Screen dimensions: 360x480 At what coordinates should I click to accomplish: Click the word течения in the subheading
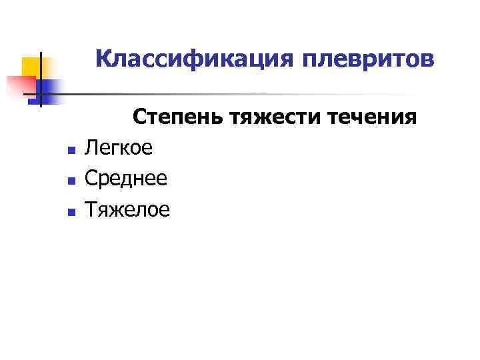(374, 118)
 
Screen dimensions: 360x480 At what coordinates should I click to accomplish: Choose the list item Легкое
(119, 148)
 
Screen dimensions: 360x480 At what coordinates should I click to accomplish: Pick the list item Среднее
(126, 179)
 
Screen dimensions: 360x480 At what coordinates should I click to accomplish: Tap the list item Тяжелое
(127, 210)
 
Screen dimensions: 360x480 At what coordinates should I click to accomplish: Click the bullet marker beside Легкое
(71, 149)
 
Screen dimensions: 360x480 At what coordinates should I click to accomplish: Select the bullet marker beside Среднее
(71, 180)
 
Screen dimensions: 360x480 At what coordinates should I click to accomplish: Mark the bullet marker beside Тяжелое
(71, 211)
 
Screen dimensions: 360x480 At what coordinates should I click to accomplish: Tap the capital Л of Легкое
(91, 148)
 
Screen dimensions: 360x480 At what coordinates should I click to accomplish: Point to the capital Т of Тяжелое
(91, 210)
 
